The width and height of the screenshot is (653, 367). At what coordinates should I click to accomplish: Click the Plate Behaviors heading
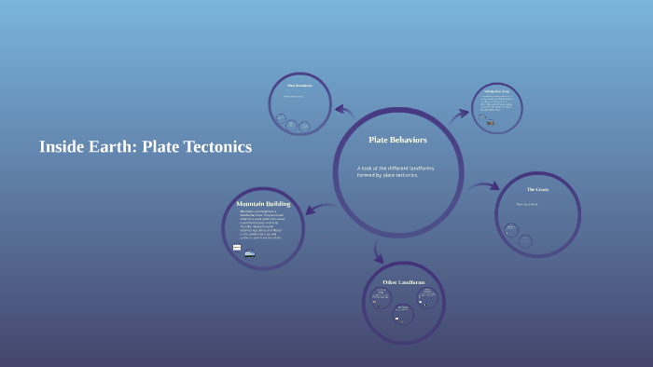pos(397,140)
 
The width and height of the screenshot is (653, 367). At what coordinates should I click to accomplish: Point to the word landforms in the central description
pos(417,168)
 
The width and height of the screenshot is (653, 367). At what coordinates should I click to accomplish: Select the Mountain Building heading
pos(263,203)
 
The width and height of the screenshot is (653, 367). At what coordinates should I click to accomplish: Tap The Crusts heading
pos(537,190)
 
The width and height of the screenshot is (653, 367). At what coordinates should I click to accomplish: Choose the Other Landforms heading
pos(404,281)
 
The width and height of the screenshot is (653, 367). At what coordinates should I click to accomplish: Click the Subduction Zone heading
pos(494,92)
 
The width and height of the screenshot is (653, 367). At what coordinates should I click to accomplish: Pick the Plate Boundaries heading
pos(299,87)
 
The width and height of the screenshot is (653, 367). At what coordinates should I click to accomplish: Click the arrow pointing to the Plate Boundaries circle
pos(344,111)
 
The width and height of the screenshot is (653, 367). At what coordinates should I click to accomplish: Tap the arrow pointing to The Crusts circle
pos(485,187)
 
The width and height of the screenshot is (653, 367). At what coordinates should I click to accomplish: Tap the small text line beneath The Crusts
pos(527,203)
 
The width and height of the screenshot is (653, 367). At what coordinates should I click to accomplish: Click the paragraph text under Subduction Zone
pos(495,105)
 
